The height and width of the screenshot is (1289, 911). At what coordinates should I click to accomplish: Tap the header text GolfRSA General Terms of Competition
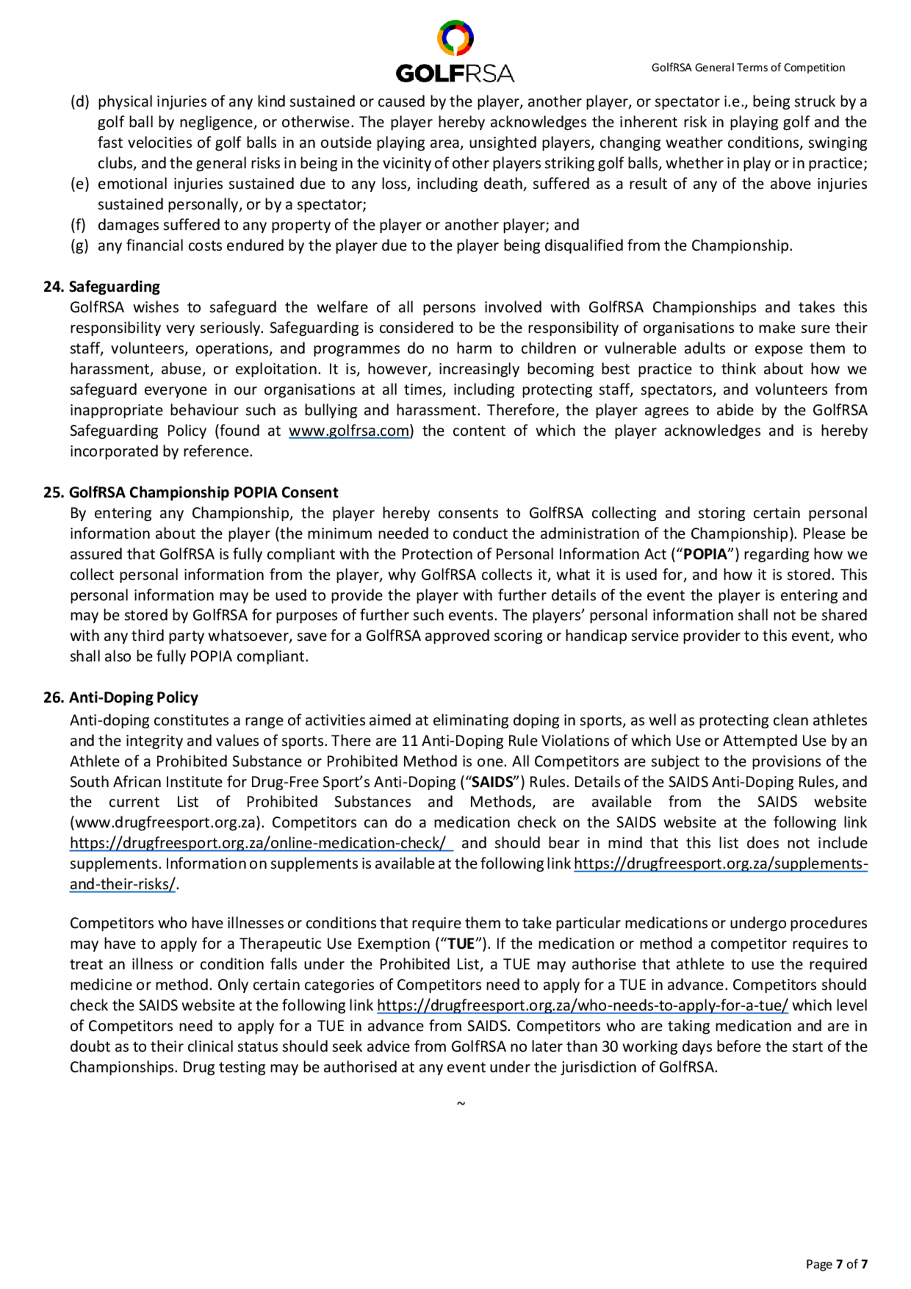747,68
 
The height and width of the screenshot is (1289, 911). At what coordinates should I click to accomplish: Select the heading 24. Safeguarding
102,287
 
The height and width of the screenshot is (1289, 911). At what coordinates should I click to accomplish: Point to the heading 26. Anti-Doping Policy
121,697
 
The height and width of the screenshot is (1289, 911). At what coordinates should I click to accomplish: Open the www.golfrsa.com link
349,431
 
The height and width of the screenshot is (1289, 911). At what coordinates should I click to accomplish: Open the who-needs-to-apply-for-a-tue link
582,1006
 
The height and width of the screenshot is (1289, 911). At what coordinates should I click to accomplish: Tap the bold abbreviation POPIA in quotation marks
705,554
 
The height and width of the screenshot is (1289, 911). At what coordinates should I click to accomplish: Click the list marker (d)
80,102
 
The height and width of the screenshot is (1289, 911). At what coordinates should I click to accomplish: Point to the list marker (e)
80,184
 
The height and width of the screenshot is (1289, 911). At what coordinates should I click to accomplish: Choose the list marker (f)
78,225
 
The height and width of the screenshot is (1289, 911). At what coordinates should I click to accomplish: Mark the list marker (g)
80,246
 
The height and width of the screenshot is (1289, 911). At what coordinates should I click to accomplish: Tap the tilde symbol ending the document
460,1104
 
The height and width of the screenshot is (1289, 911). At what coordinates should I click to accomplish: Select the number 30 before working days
609,1047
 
